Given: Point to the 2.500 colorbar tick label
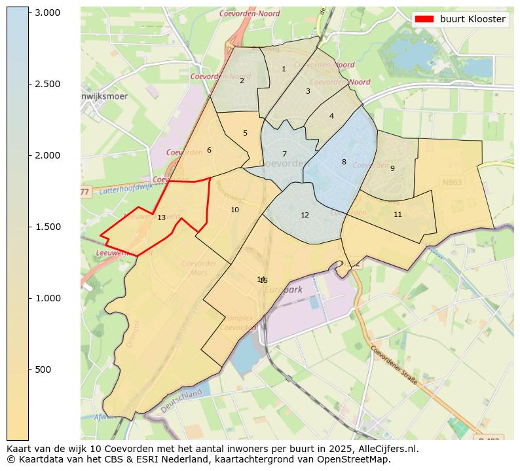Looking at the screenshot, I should (48, 84).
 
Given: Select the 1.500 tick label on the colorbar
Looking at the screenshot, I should (48, 227).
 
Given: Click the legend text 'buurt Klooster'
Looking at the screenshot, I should (472, 20).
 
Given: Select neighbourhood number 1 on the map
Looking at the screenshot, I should (284, 69).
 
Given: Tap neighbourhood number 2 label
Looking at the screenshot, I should (242, 81).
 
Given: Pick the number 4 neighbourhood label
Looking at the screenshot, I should (331, 116).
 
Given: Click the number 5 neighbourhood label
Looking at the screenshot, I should (246, 133).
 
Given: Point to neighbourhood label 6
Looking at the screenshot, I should (209, 150).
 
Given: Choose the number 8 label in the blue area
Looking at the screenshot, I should (344, 162).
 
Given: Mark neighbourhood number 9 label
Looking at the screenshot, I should (392, 168).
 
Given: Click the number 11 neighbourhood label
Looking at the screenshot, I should (398, 214).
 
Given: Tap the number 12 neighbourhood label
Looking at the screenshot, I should (305, 215).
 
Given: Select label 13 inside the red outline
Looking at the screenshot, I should (161, 217).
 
